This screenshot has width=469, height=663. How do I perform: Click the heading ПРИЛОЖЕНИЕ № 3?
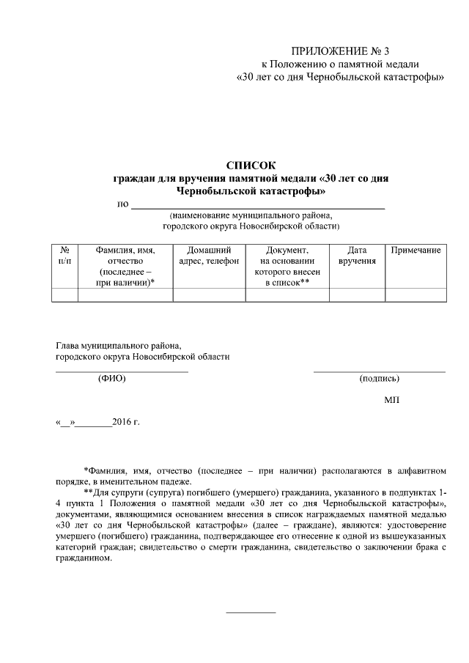pos(341,51)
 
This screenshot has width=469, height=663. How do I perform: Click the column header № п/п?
pos(64,256)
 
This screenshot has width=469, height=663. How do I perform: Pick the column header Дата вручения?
pos(357,256)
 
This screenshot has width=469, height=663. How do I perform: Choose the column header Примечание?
pos(416,251)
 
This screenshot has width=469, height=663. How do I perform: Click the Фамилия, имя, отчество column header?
pos(125,266)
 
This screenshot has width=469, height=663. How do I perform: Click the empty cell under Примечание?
pos(416,295)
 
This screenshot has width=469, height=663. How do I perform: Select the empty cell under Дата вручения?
pos(357,295)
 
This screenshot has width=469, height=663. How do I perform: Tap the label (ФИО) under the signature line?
pos(111,379)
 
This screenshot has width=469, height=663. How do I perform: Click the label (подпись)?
pos(379,379)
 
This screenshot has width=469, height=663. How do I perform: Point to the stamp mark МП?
pos(391,400)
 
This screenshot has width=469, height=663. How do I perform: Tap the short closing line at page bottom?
pos(251,612)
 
